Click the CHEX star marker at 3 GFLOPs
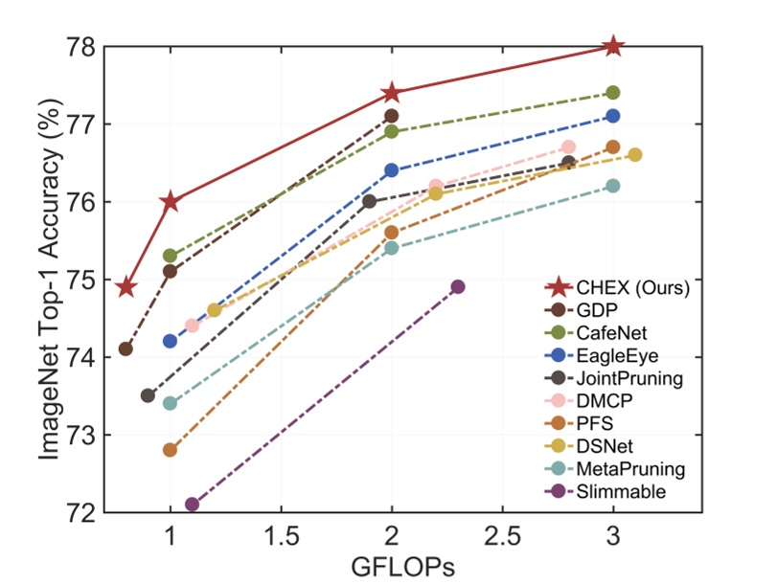[x=613, y=46]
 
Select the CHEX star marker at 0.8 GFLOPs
[x=126, y=286]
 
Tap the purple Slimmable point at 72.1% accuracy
[x=192, y=504]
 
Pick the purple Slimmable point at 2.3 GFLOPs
[x=458, y=286]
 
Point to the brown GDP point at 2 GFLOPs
[x=391, y=116]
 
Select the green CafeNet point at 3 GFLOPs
[x=613, y=93]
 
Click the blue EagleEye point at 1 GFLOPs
[x=171, y=341]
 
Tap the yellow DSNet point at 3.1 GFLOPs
[x=634, y=155]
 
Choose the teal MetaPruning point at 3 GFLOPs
[x=613, y=186]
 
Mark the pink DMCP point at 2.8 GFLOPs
[x=568, y=146]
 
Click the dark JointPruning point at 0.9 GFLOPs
[x=148, y=395]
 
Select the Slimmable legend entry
[x=621, y=492]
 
